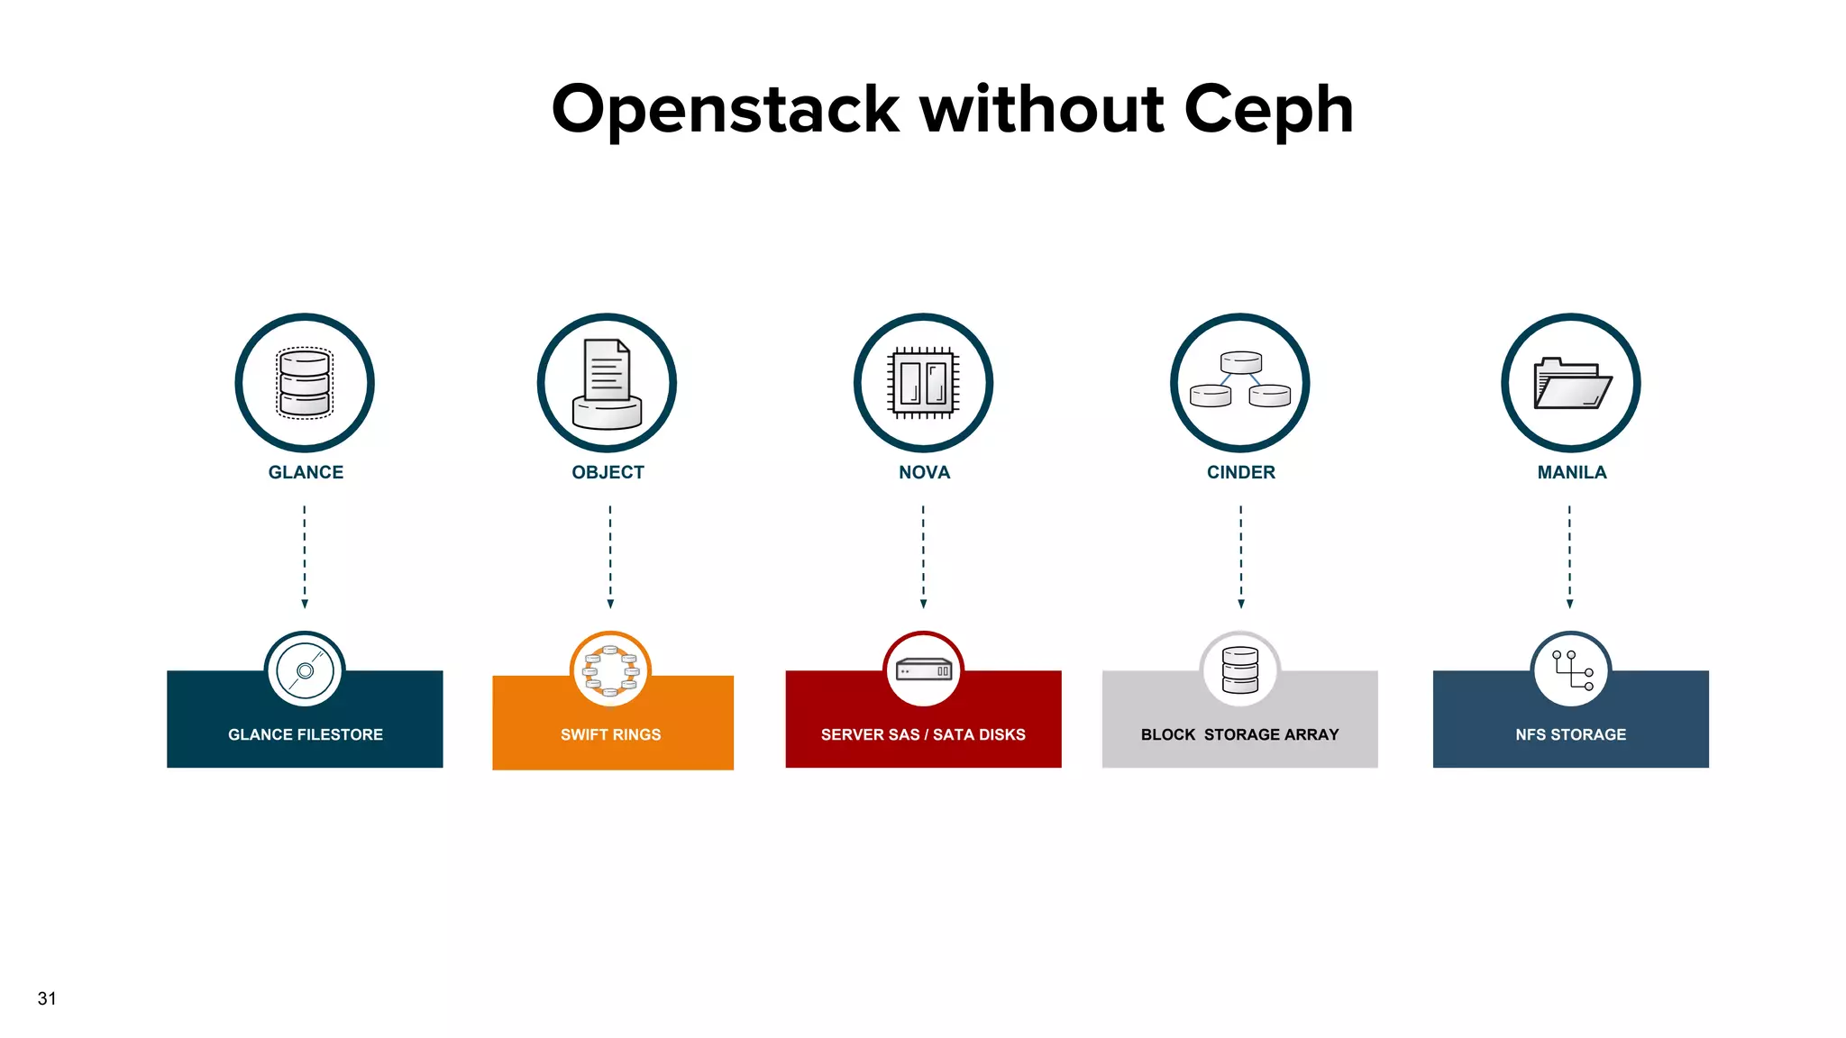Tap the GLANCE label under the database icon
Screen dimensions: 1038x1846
(306, 472)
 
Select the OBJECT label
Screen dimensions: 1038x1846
(608, 472)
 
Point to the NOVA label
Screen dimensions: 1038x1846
(924, 472)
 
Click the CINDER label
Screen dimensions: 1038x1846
(1240, 472)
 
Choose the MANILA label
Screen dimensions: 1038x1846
(1571, 472)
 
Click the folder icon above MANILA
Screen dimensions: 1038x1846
(1571, 384)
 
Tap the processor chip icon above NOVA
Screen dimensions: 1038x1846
(923, 383)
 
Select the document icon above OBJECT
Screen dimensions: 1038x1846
(608, 383)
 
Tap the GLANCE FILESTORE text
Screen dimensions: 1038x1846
(306, 734)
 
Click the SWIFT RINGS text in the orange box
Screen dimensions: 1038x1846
(610, 734)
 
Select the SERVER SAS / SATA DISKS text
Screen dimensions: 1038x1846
(923, 734)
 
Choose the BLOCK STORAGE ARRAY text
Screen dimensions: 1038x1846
(1239, 734)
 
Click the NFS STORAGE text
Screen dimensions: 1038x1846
(1570, 734)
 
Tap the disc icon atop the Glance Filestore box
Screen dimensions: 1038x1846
(305, 670)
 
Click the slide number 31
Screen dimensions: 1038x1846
(47, 998)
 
